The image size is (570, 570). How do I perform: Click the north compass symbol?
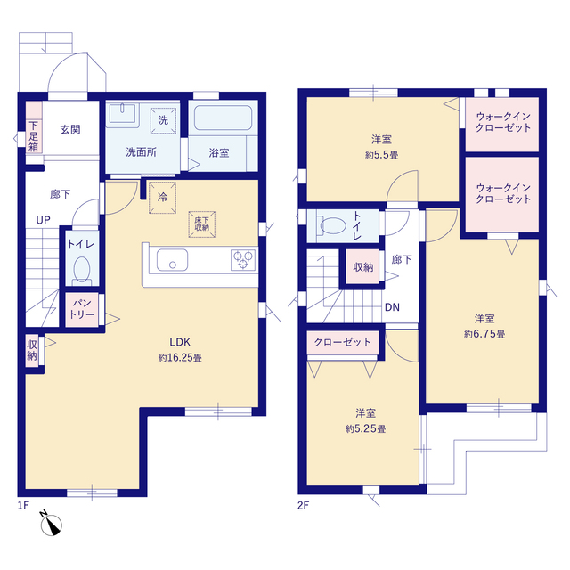tap(51, 523)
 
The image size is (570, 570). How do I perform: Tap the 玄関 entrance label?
tap(70, 129)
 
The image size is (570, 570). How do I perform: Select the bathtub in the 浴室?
tap(223, 118)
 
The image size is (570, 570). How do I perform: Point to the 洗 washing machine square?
tap(163, 120)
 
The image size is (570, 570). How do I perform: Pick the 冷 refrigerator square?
tap(162, 198)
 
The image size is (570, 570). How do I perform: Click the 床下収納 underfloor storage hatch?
tap(202, 224)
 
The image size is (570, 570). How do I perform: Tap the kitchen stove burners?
tap(243, 260)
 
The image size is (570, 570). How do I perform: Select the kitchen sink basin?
tap(172, 260)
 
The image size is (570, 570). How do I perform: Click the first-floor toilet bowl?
tap(82, 270)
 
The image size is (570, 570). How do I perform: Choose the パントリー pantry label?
tap(82, 309)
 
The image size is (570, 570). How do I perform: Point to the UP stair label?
tap(44, 220)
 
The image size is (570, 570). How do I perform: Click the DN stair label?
tap(392, 307)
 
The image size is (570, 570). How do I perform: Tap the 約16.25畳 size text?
tap(180, 358)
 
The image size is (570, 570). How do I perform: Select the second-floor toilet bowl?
tap(332, 225)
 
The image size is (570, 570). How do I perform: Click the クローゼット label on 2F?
tap(342, 342)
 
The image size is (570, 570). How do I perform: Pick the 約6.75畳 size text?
tap(484, 334)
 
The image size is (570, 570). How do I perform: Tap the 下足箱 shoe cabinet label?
tap(34, 136)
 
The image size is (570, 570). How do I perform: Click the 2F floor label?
tap(303, 505)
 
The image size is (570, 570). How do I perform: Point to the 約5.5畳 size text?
tap(382, 155)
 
